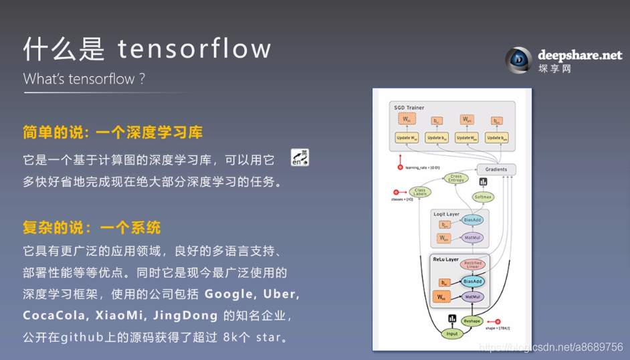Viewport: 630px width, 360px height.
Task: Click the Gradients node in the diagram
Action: click(496, 169)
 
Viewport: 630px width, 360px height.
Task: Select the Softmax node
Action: click(482, 197)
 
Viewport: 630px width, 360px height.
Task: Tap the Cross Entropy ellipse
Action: click(456, 178)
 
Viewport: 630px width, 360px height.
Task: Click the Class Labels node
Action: click(420, 192)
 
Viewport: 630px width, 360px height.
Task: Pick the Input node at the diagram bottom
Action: click(453, 333)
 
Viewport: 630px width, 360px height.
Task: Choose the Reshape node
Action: click(472, 321)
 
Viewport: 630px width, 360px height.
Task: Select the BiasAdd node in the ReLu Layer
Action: click(472, 282)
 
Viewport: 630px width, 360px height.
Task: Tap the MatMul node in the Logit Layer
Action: click(472, 238)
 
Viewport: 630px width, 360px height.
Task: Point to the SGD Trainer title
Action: click(409, 108)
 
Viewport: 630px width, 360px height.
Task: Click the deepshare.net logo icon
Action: click(518, 60)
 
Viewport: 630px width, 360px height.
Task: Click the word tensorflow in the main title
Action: click(195, 49)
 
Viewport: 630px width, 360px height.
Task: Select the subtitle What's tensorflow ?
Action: click(84, 79)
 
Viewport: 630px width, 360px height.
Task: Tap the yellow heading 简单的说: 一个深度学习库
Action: click(112, 132)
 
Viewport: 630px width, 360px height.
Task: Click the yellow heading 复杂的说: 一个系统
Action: click(92, 228)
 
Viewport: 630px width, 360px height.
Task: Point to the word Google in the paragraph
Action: click(229, 294)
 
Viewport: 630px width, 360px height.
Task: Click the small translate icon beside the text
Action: click(300, 157)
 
